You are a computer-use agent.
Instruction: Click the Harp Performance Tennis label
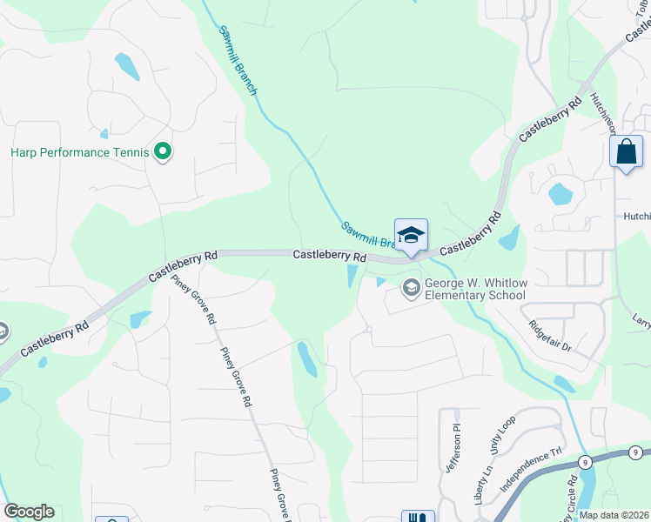pyautogui.click(x=80, y=152)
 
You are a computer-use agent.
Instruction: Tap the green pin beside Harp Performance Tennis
pyautogui.click(x=162, y=152)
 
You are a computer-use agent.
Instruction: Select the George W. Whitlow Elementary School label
pyautogui.click(x=475, y=289)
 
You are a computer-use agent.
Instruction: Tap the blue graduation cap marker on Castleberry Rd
pyautogui.click(x=411, y=235)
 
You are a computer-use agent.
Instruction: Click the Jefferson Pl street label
pyautogui.click(x=453, y=448)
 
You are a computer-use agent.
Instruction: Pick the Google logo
pyautogui.click(x=29, y=512)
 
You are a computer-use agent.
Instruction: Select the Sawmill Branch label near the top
pyautogui.click(x=236, y=60)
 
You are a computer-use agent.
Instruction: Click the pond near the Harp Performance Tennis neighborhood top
pyautogui.click(x=127, y=66)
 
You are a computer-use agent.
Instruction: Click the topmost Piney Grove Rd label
pyautogui.click(x=192, y=300)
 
